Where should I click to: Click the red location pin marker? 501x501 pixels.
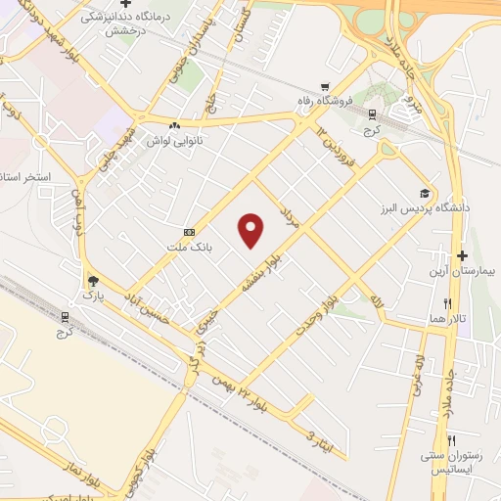pyautogui.click(x=251, y=229)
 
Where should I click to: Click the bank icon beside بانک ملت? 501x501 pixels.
pyautogui.click(x=188, y=232)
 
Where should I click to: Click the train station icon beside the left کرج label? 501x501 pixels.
pyautogui.click(x=66, y=316)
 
